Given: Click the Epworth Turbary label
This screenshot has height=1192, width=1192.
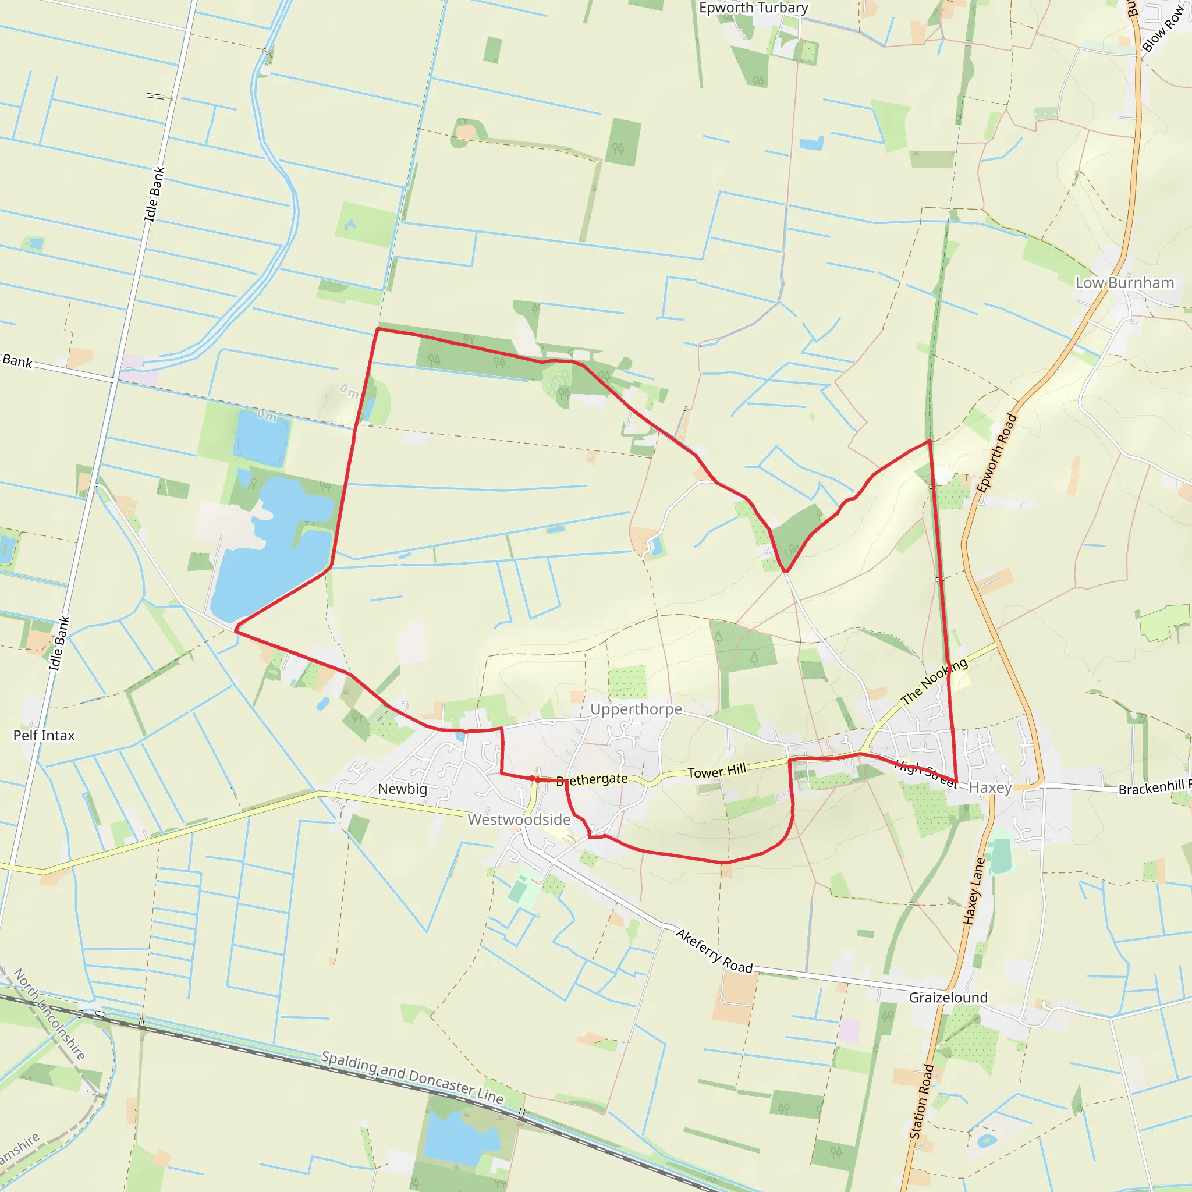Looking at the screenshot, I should click(x=753, y=8).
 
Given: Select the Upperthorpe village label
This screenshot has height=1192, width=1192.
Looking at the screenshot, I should click(x=636, y=709).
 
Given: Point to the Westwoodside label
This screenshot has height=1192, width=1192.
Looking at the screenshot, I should click(x=519, y=819).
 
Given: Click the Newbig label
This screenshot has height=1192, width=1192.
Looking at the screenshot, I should click(x=402, y=789).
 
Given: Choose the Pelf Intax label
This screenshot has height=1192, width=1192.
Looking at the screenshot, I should click(x=44, y=736).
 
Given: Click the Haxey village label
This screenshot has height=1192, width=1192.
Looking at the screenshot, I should click(x=990, y=787).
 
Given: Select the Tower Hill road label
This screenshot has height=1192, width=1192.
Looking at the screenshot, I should click(x=716, y=771).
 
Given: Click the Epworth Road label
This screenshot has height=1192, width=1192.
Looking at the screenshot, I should click(x=996, y=453).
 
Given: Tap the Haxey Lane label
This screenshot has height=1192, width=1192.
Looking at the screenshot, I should click(x=974, y=891).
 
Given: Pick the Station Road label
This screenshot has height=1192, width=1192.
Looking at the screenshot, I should click(x=921, y=1101).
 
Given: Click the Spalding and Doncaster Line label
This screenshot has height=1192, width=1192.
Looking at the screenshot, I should click(x=412, y=1077).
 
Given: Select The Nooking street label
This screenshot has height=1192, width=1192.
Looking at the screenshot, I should click(x=934, y=681).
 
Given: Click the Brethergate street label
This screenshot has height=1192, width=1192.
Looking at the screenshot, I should click(x=593, y=780).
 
